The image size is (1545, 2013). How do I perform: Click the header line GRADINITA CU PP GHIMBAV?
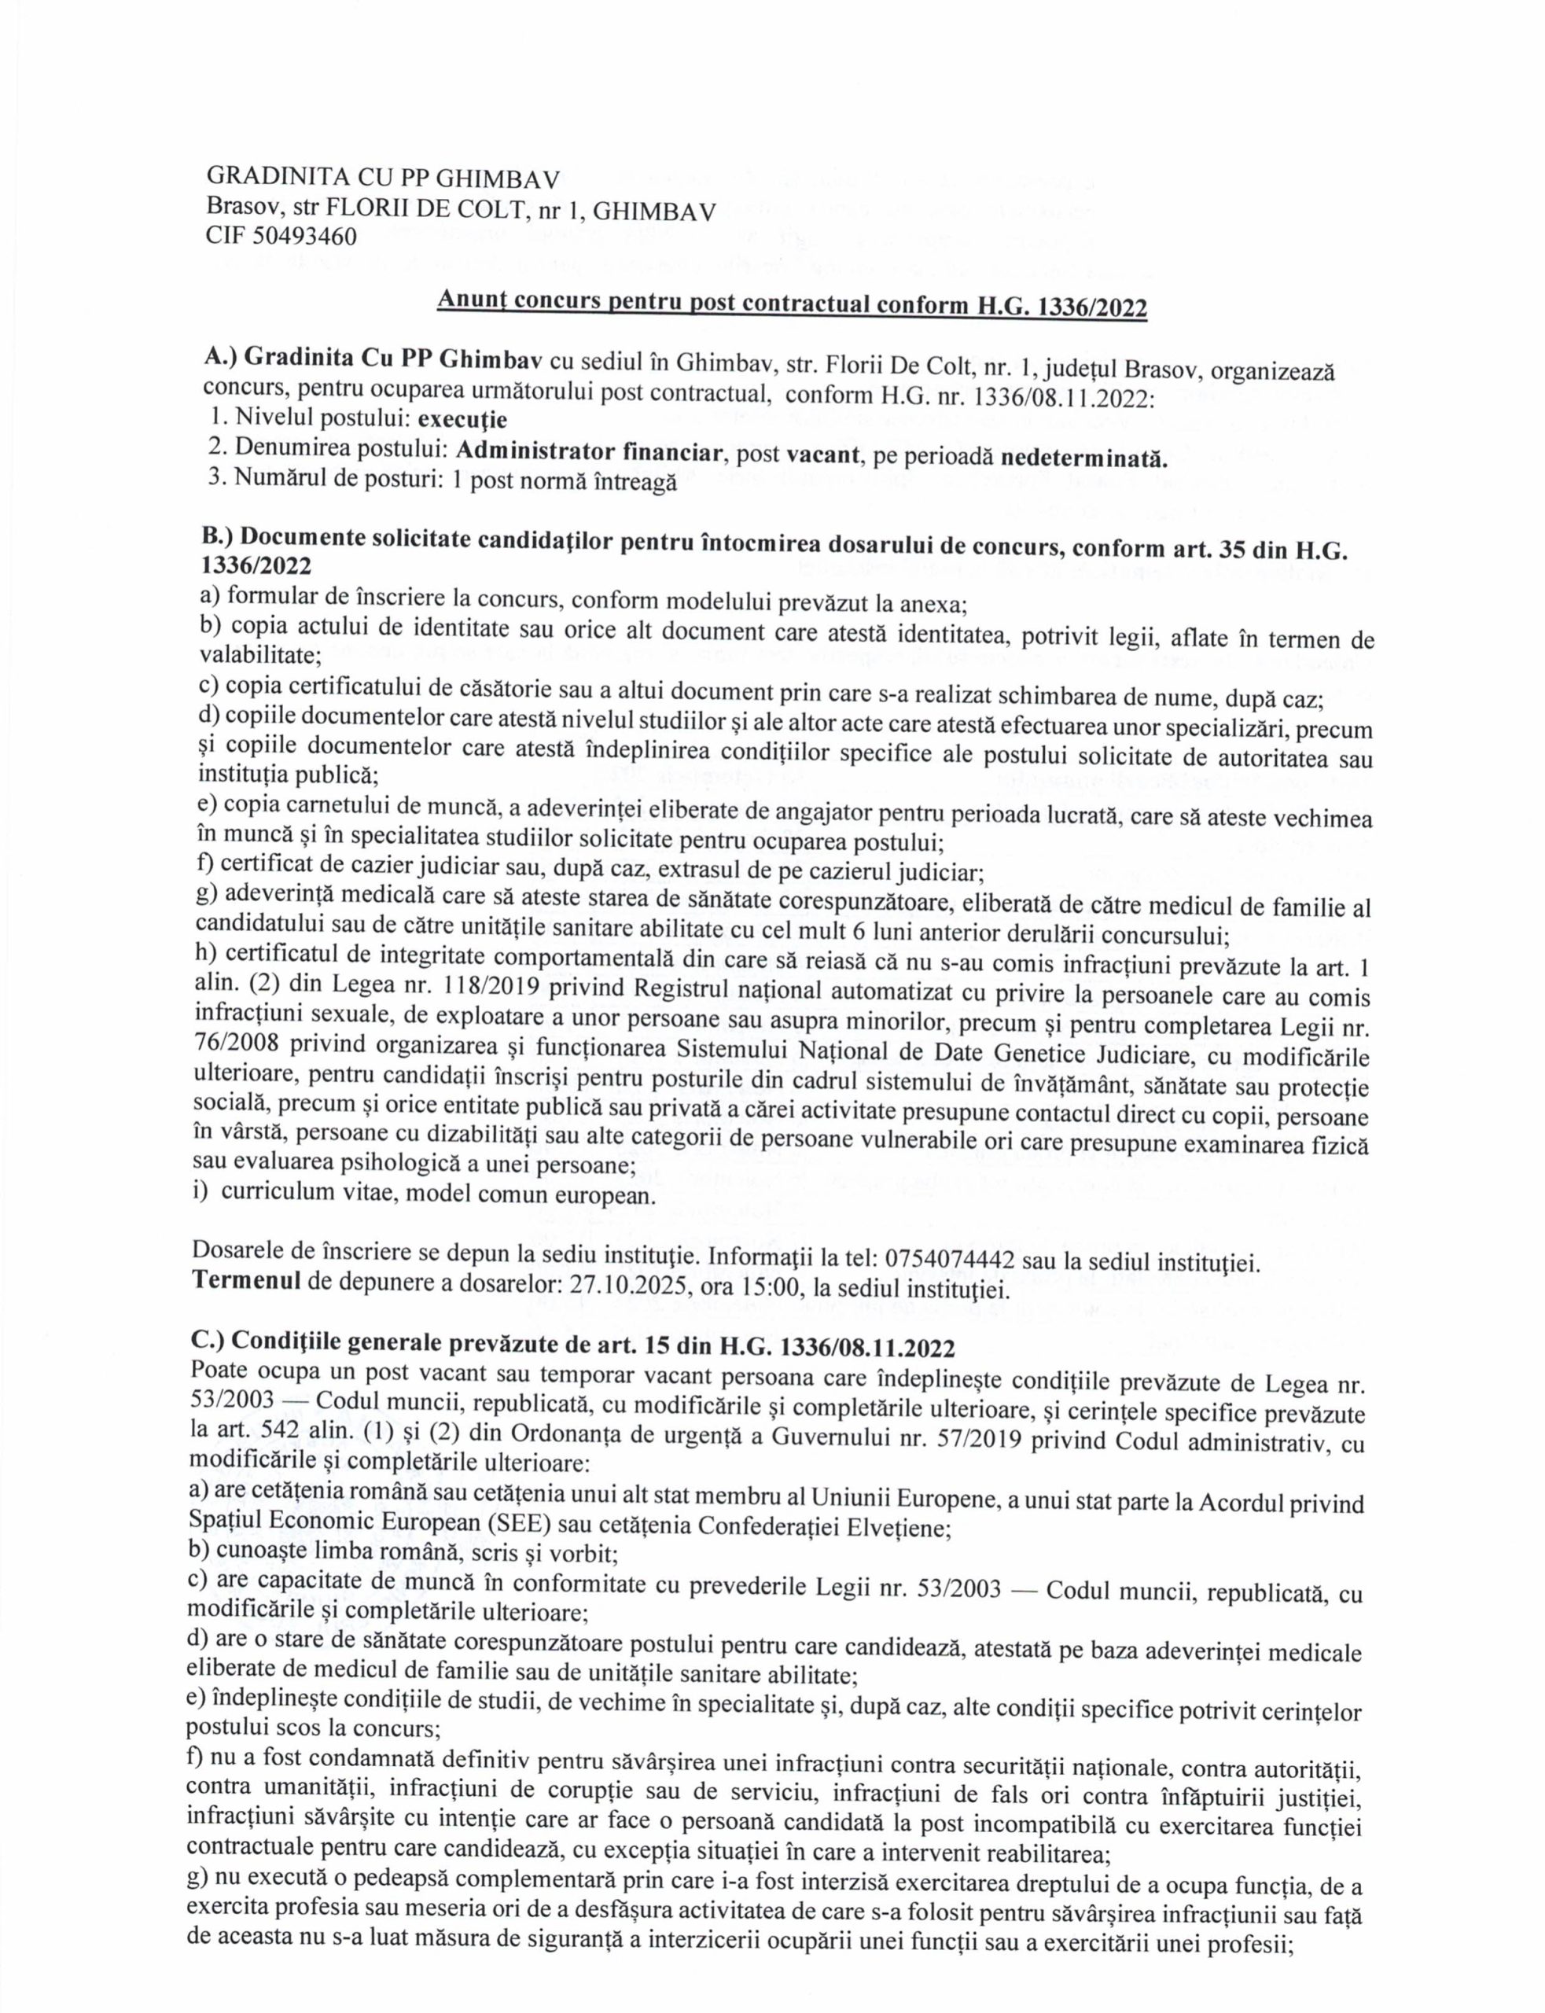coord(383,179)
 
